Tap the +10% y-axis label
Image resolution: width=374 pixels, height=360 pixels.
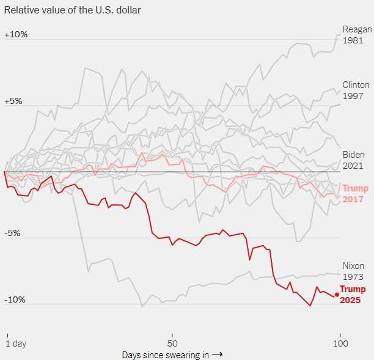click(16, 34)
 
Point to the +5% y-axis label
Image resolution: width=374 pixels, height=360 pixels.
click(13, 101)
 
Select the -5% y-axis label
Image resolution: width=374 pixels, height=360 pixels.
click(13, 233)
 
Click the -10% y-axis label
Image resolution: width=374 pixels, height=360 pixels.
click(15, 299)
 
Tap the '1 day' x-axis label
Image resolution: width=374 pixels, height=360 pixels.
click(16, 343)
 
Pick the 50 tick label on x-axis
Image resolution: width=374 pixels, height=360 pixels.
click(172, 343)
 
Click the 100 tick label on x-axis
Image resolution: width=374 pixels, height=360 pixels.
click(340, 343)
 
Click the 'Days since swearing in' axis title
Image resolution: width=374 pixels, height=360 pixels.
click(165, 354)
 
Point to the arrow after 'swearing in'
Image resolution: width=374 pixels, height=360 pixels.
click(217, 354)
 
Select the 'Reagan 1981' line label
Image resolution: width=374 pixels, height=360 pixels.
click(357, 35)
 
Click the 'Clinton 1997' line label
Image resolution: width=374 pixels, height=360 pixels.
click(356, 90)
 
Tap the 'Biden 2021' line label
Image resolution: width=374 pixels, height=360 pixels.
click(353, 160)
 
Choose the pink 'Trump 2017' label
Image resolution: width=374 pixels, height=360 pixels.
click(353, 194)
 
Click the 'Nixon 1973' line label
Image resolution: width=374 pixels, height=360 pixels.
click(353, 271)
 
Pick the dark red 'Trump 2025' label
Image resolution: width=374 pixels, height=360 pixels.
click(353, 295)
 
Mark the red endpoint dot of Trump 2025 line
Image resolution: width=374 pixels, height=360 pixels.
click(337, 295)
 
